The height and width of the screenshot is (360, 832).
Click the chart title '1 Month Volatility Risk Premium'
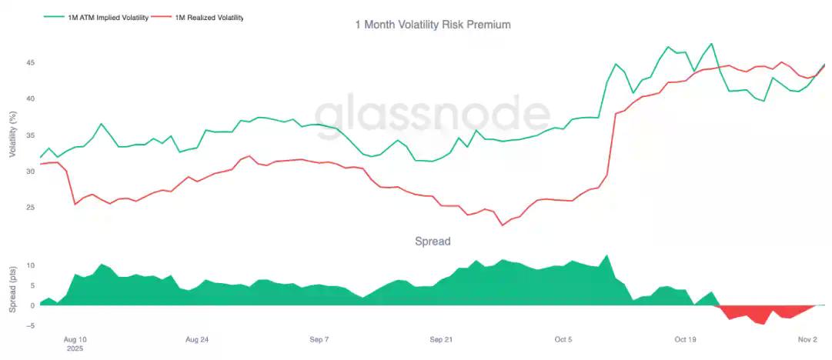[433, 25]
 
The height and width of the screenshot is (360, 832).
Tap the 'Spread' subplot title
[433, 241]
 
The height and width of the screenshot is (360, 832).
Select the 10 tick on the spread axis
[32, 265]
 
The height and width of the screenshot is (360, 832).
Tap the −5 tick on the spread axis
[31, 325]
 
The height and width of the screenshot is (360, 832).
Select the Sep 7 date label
[319, 338]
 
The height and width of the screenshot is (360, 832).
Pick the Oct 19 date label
[685, 338]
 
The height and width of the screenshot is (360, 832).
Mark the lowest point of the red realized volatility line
[502, 225]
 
